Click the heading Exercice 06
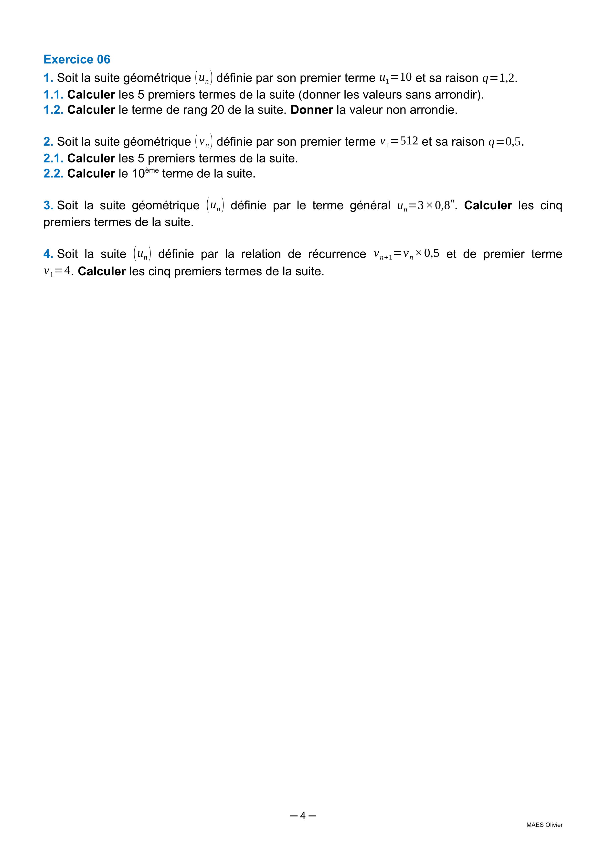click(77, 59)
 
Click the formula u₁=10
click(395, 78)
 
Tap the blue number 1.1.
click(53, 95)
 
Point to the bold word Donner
click(312, 110)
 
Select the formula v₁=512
click(399, 141)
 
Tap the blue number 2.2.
click(53, 173)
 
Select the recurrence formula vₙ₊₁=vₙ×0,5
click(406, 254)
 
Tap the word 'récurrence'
click(337, 254)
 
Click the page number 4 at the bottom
click(303, 815)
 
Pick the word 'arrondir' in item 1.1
click(457, 95)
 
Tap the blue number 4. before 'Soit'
click(48, 254)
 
